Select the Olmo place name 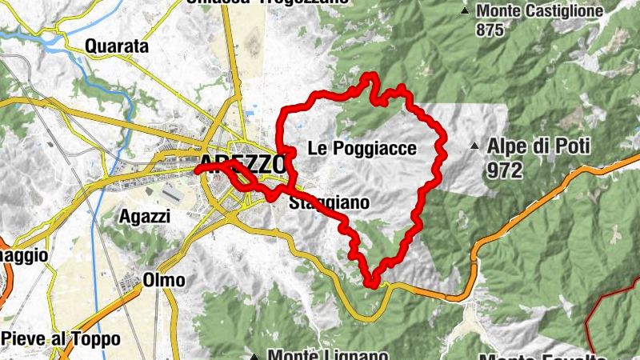click(x=164, y=280)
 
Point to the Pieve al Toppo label click(x=60, y=338)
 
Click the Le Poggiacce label click(x=362, y=148)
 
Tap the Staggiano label click(x=330, y=202)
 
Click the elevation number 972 click(x=504, y=170)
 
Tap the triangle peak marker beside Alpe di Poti click(x=475, y=147)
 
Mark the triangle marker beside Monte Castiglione click(x=466, y=11)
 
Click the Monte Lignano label click(x=328, y=354)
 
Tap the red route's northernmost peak click(x=370, y=76)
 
